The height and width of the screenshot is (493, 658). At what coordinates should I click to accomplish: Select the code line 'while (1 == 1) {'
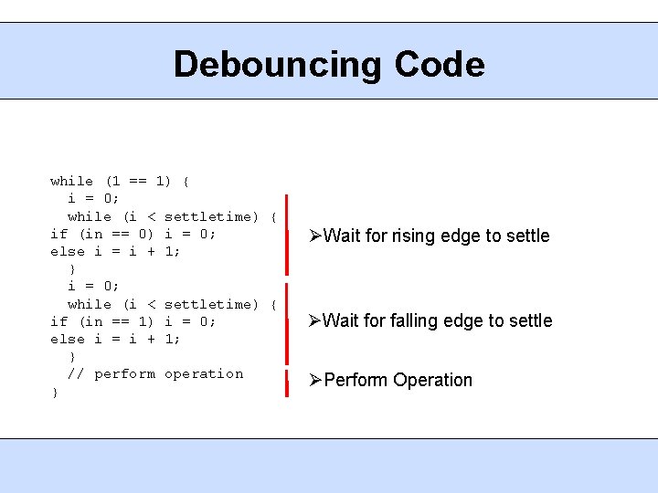point(120,181)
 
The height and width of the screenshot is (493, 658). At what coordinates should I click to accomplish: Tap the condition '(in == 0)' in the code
point(117,234)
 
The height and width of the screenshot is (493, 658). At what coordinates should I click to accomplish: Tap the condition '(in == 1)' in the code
point(117,321)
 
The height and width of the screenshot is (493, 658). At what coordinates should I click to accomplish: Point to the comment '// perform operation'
point(155,374)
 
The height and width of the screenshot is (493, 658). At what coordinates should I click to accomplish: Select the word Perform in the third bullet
point(357,380)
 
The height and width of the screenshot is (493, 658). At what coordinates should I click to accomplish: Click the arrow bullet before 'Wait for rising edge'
point(314,236)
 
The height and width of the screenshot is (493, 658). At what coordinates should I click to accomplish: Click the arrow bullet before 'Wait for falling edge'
point(314,320)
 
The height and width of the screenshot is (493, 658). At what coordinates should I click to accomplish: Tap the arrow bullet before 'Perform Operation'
point(315,380)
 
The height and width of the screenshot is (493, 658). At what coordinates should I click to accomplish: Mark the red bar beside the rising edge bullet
point(286,234)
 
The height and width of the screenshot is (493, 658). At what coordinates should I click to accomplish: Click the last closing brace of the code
point(55,392)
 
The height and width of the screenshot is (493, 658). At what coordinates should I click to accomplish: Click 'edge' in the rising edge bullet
point(465,236)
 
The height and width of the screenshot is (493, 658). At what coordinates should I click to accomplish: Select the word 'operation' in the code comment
point(204,374)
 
